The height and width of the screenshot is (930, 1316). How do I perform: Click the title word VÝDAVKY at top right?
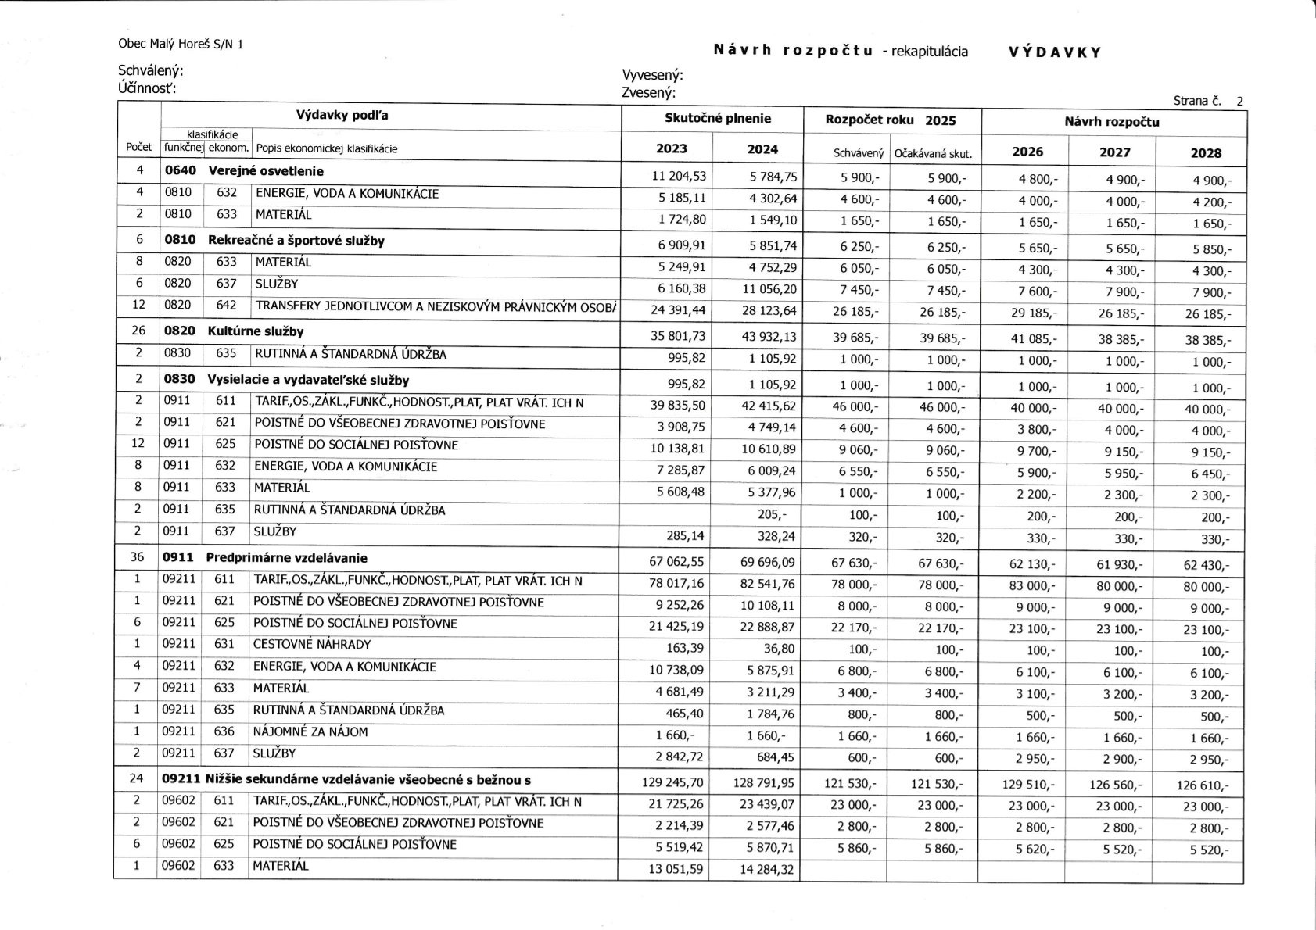click(1055, 52)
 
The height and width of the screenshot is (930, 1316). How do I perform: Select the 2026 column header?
click(1027, 152)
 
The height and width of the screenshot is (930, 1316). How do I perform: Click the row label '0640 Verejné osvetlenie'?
click(244, 171)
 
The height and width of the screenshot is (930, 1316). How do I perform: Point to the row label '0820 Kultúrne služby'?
click(234, 331)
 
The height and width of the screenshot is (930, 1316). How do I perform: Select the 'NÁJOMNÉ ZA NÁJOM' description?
click(310, 732)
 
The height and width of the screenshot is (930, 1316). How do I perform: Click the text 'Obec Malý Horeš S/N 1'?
click(181, 45)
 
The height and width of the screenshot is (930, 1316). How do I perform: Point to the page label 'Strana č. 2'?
click(1208, 101)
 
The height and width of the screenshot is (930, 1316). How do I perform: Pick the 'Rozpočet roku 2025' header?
click(891, 120)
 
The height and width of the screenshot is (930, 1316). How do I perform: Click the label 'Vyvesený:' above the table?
click(652, 75)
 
